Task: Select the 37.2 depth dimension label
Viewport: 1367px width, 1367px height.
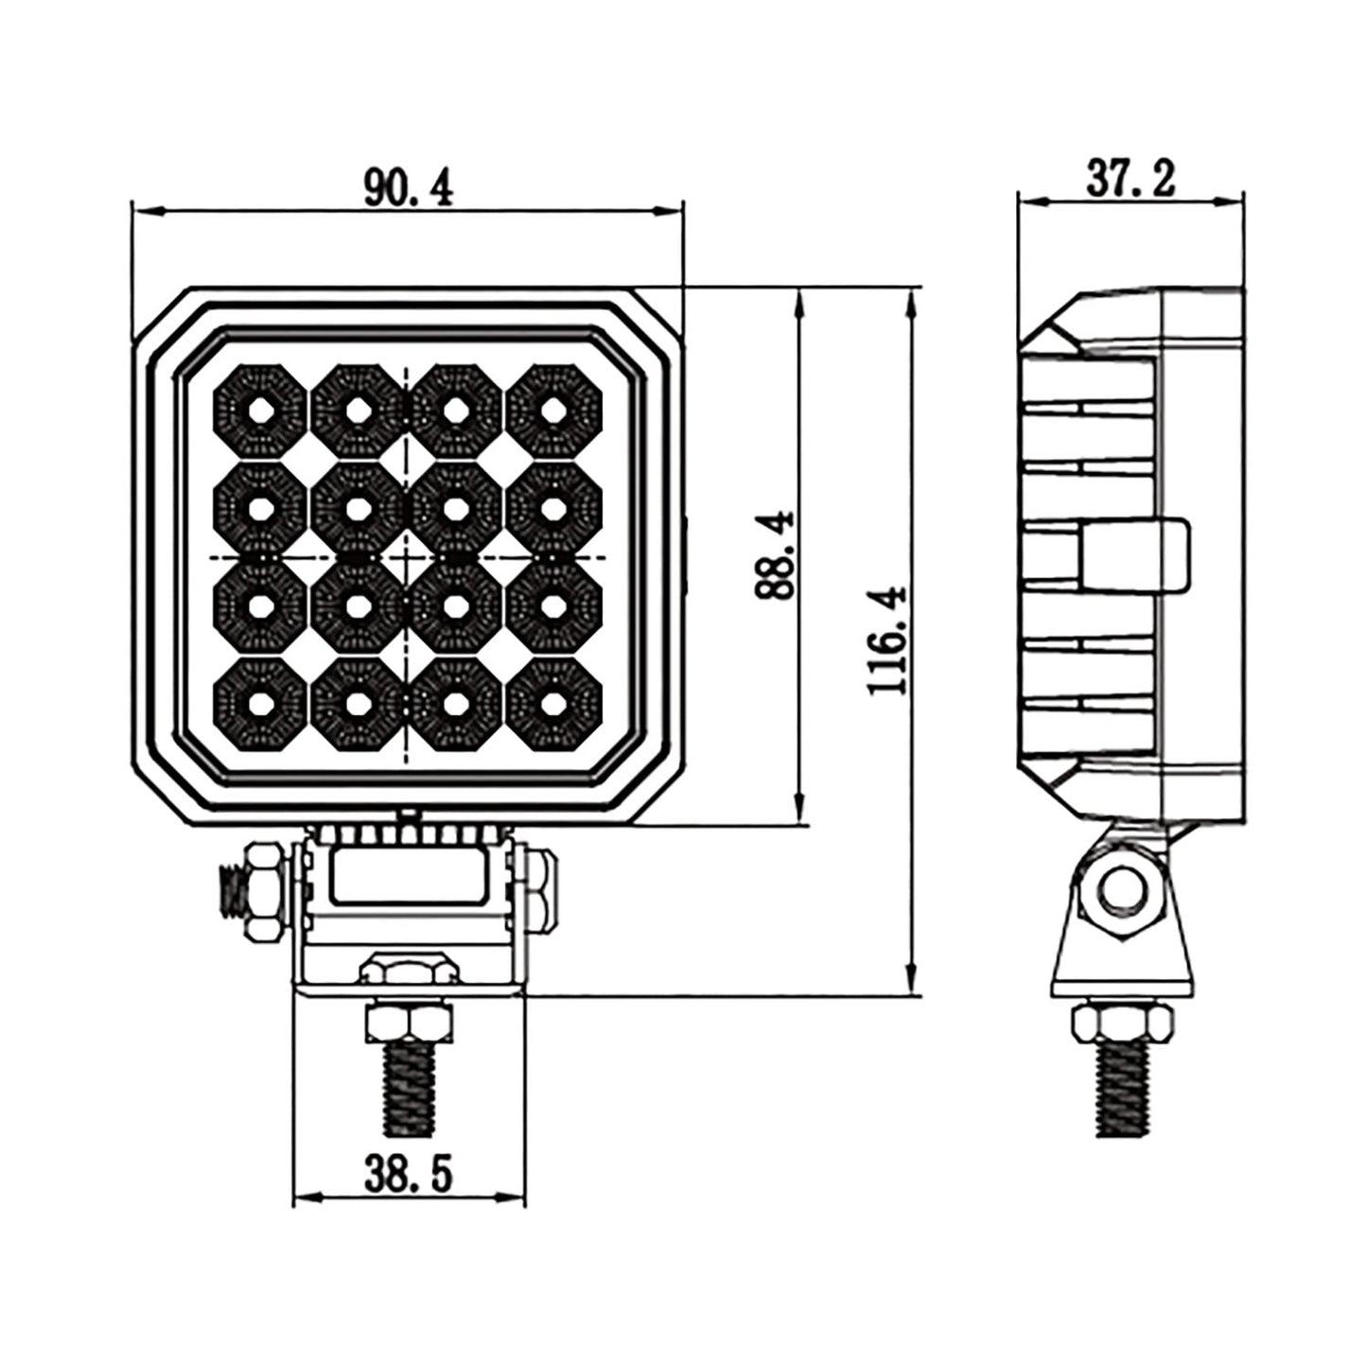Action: [x=1130, y=180]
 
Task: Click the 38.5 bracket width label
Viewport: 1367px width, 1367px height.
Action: [x=409, y=1175]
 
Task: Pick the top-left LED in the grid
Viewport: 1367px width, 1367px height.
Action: [x=260, y=410]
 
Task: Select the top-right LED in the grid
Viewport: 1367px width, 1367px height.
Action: [x=553, y=410]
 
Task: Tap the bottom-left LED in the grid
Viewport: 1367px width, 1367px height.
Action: [x=260, y=703]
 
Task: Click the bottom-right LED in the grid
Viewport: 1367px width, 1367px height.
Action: [x=553, y=703]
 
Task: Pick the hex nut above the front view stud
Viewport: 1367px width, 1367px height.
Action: [x=409, y=1024]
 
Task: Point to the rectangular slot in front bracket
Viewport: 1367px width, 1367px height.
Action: [x=409, y=877]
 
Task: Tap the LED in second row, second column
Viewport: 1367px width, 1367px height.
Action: [x=358, y=508]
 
